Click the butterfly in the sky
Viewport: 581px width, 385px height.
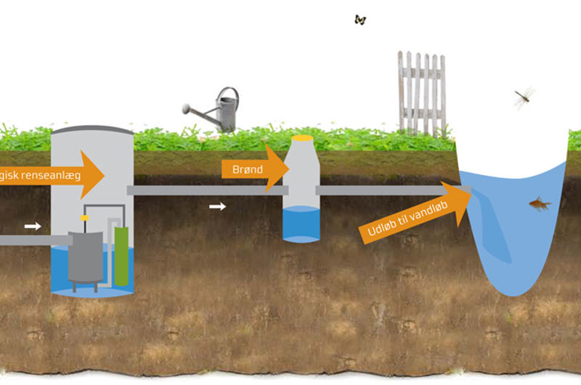360,20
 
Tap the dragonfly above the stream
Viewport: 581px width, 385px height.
524,97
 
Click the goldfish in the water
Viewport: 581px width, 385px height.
539,205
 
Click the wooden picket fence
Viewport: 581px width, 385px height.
421,94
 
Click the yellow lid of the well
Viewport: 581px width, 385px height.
302,137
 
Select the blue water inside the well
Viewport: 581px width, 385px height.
301,224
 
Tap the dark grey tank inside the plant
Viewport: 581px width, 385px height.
85,256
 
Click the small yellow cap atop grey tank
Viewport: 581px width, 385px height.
85,217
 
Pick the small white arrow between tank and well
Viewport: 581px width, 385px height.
217,207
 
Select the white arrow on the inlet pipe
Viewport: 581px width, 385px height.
33,227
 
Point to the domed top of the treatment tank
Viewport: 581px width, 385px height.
92,131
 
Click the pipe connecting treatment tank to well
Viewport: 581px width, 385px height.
203,190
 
